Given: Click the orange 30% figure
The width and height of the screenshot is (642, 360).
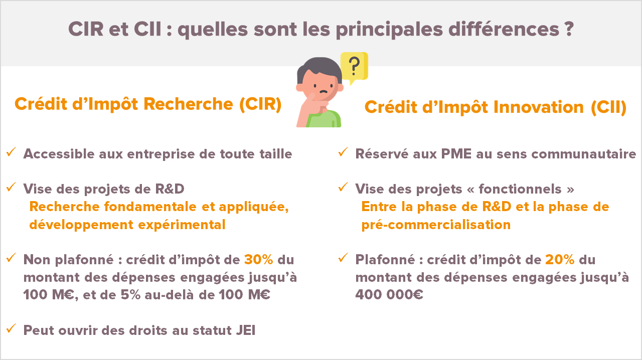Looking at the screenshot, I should (x=258, y=260).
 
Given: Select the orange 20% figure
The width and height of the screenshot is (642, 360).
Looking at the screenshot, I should (x=560, y=260).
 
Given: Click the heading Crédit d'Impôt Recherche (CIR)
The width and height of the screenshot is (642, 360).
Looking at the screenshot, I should (x=148, y=104).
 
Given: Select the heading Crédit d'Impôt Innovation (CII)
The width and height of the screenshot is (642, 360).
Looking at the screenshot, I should (x=495, y=107).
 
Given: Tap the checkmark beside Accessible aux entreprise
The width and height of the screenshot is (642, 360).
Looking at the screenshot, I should (x=11, y=151).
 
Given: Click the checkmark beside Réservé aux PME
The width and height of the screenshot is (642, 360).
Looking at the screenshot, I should (x=343, y=151).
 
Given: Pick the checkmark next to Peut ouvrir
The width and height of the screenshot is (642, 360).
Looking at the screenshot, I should (x=11, y=328).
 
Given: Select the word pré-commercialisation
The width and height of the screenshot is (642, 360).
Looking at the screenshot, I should (x=436, y=225).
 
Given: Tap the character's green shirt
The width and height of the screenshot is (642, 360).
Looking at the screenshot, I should (x=329, y=121).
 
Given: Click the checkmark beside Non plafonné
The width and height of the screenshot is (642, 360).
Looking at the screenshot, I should (x=11, y=258).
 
